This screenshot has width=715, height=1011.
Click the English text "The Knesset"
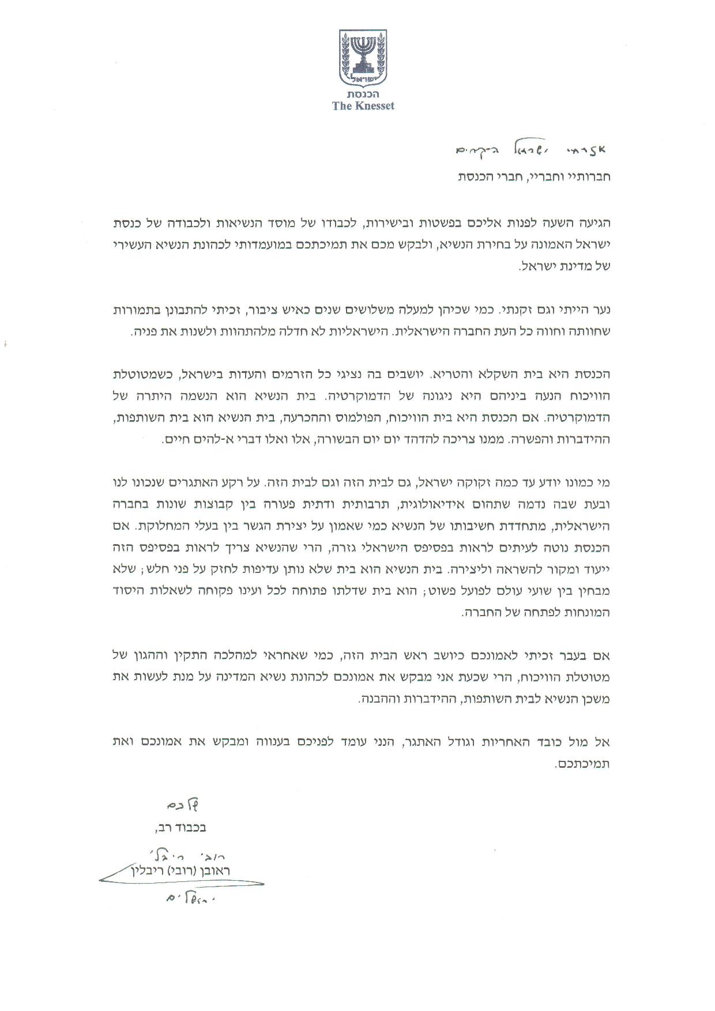[x=363, y=105]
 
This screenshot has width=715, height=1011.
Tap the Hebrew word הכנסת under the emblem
[x=363, y=94]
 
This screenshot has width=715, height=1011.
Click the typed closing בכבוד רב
[x=179, y=828]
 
